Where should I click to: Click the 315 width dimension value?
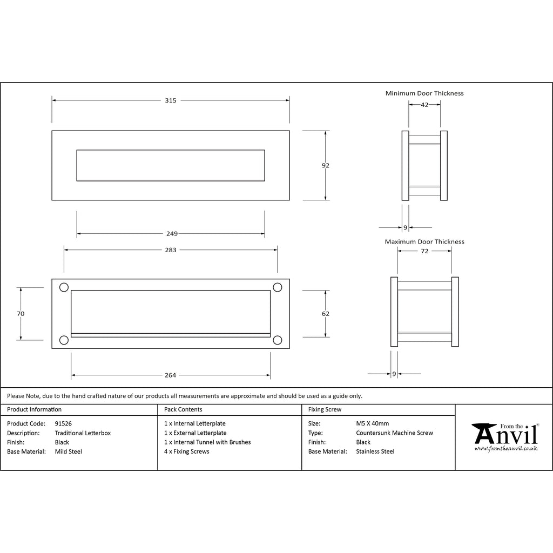171,100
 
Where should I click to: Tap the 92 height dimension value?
326,165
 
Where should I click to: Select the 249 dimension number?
172,233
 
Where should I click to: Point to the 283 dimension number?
171,250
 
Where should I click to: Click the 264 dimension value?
170,375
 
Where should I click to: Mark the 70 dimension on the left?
21,314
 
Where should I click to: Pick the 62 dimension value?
326,314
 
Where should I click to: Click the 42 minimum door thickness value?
424,105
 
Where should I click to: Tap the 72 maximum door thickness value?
424,251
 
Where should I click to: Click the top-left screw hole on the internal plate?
64,287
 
